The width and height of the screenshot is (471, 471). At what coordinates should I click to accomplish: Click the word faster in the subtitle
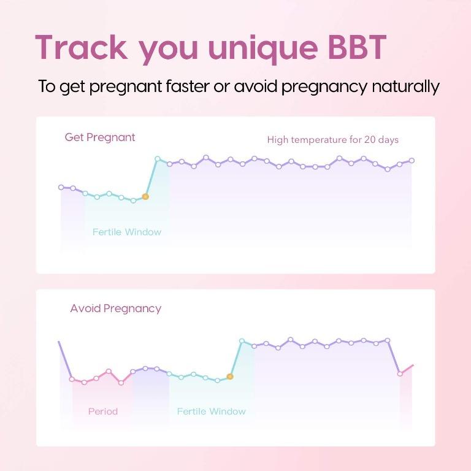tap(186, 86)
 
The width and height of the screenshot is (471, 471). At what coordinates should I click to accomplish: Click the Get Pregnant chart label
tap(100, 137)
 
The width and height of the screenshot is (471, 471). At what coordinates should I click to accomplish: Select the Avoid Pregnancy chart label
tap(115, 308)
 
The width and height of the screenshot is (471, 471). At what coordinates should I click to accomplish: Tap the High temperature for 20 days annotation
tap(332, 140)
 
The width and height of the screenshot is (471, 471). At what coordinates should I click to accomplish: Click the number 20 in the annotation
tap(370, 140)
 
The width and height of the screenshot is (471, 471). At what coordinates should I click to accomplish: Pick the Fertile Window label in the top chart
tap(127, 232)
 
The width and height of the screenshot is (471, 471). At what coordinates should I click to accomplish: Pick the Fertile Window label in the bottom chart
tap(211, 411)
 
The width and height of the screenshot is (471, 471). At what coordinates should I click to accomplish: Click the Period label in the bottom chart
tap(102, 411)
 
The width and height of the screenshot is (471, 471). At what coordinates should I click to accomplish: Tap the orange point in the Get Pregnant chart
tap(145, 197)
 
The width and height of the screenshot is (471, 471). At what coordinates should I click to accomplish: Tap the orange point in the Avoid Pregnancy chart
tap(230, 377)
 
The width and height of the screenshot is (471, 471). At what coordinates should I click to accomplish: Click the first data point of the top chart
tap(61, 187)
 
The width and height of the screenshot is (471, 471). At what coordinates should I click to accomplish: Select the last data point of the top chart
tap(412, 161)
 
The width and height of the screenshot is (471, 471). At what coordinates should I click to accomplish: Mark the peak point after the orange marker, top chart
tap(158, 159)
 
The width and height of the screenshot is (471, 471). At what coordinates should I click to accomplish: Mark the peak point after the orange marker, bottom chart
tap(242, 341)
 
